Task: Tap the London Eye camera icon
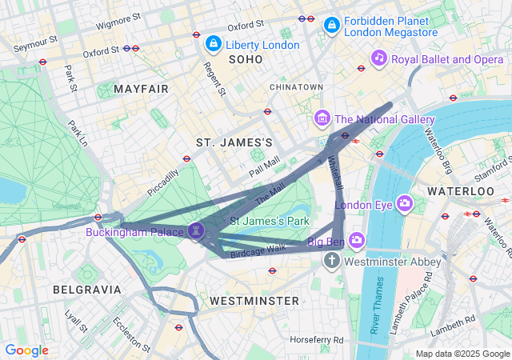pos(404,203)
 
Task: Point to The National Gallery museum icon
pos(322,119)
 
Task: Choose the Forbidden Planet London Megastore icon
pos(330,26)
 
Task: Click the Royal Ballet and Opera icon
pos(379,58)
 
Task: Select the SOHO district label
pos(246,60)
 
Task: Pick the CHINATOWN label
pos(296,86)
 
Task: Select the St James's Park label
pos(270,220)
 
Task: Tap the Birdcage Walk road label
pos(258,249)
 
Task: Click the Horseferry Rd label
pos(317,340)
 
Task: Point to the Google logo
pos(27,350)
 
